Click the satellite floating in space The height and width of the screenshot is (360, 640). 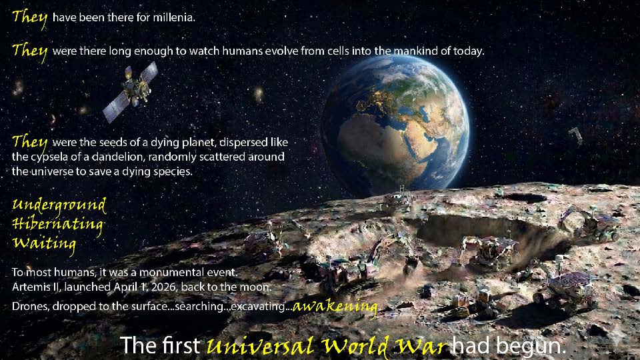click(131, 91)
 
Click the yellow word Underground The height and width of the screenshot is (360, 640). click(59, 205)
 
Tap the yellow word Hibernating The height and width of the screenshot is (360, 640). click(57, 224)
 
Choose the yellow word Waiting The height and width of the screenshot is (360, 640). click(44, 244)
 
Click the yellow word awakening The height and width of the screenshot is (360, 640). click(335, 306)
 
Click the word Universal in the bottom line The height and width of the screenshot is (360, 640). click(261, 346)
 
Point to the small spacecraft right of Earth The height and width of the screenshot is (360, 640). click(575, 135)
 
